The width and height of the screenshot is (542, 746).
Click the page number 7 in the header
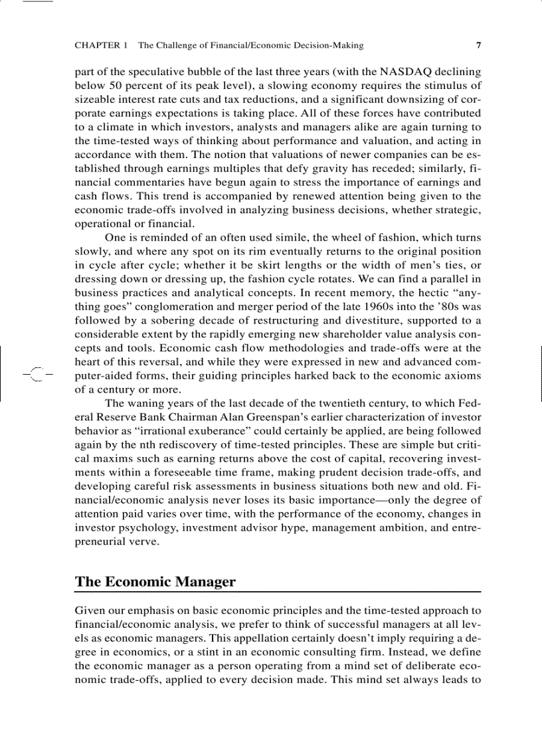click(x=478, y=46)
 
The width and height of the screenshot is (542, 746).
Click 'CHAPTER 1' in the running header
click(x=101, y=46)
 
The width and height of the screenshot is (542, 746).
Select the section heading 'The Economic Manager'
click(x=155, y=582)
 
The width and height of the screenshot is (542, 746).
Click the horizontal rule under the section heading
click(x=278, y=591)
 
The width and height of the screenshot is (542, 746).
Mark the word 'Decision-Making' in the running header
click(x=329, y=46)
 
